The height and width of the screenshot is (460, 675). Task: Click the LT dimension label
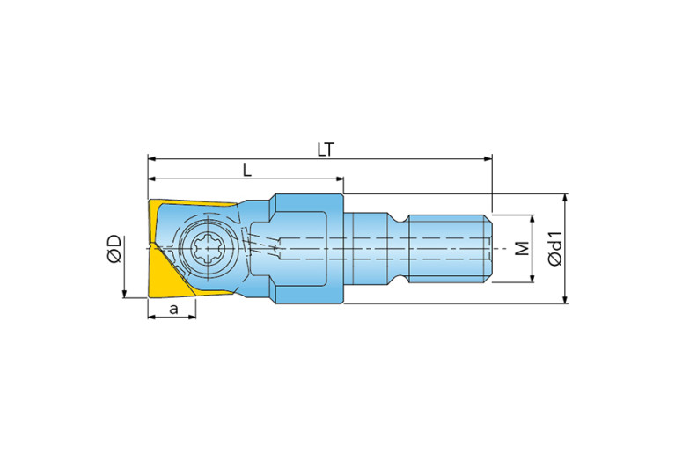pyautogui.click(x=326, y=150)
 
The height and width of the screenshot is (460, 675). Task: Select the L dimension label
pyautogui.click(x=247, y=170)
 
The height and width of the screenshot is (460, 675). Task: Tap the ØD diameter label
pyautogui.click(x=114, y=249)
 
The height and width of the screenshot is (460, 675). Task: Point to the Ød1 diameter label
pyautogui.click(x=556, y=248)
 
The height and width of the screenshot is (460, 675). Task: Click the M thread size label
pyautogui.click(x=522, y=248)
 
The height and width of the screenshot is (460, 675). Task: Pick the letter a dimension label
pyautogui.click(x=173, y=309)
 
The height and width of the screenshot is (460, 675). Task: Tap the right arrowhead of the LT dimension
pyautogui.click(x=488, y=159)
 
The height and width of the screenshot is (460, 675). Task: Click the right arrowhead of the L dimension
pyautogui.click(x=340, y=179)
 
